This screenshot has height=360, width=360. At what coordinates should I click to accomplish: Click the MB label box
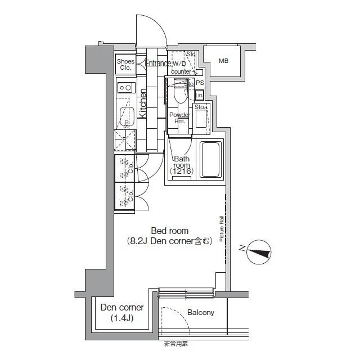coord(223,61)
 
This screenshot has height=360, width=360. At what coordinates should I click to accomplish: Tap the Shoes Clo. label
coord(125,64)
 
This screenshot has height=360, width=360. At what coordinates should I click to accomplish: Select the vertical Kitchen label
coord(143,105)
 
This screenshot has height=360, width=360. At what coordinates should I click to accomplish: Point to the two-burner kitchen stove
coord(125,87)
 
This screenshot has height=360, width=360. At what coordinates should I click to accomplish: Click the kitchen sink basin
coord(125,115)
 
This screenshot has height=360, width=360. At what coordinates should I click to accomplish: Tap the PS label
coord(199,83)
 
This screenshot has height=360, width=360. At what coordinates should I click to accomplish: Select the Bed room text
coord(169,231)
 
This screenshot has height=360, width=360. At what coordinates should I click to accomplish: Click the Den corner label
coord(121,308)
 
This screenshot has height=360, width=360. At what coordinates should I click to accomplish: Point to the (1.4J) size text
coord(121,319)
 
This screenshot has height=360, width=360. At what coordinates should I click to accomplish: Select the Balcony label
coord(200,313)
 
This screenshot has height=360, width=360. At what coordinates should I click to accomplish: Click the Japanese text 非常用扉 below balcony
coord(175,344)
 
